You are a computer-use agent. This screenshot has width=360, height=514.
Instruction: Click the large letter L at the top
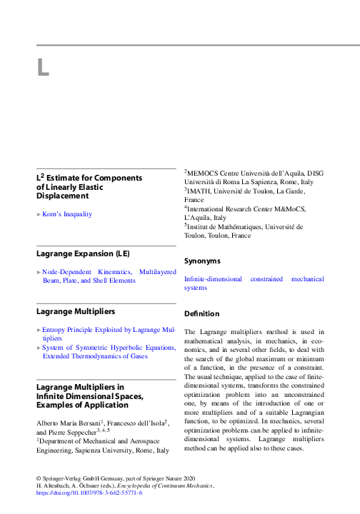pos(43,68)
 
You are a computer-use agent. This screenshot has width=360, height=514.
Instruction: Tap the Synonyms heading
pos(203,261)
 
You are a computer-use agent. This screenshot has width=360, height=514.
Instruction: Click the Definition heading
pos(202,313)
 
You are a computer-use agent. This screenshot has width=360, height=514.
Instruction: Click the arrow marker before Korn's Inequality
pos(39,213)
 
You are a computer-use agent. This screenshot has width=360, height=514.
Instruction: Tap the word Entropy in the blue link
pos(56,331)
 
